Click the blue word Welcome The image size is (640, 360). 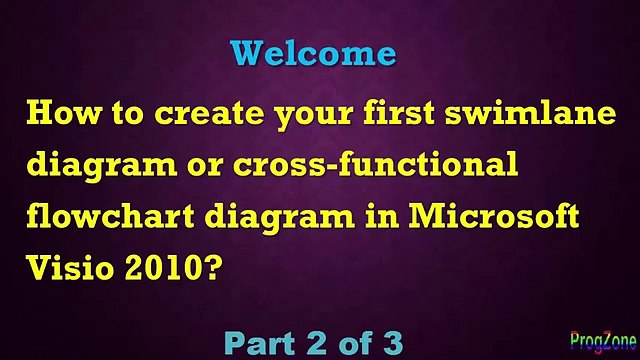click(313, 52)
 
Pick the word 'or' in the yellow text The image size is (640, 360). click(204, 167)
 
